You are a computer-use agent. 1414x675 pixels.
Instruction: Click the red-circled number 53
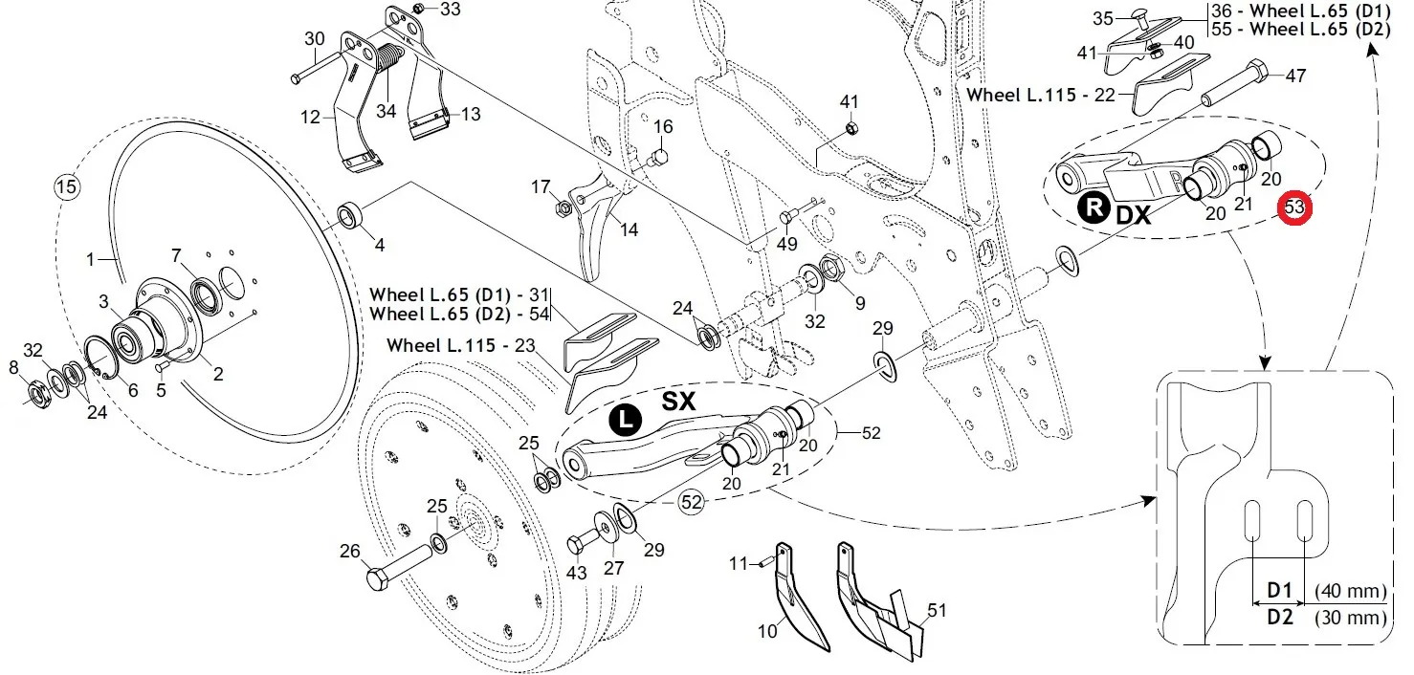click(1294, 207)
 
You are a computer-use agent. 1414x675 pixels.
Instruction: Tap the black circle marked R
click(1094, 207)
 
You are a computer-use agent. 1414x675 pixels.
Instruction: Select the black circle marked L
click(625, 420)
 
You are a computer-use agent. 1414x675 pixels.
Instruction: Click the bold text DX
click(1134, 215)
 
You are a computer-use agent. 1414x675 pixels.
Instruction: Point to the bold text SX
click(678, 402)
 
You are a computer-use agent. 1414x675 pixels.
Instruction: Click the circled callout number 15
click(66, 186)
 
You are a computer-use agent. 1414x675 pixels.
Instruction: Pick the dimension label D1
click(1279, 590)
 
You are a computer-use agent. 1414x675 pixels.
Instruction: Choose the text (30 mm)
click(1351, 618)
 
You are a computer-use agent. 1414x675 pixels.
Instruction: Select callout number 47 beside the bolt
click(1296, 76)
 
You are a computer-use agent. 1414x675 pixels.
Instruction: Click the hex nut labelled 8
click(39, 394)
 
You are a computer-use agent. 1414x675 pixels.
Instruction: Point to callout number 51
click(938, 610)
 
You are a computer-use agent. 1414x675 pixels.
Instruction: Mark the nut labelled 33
click(418, 8)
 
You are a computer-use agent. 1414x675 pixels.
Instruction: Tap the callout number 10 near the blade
click(767, 631)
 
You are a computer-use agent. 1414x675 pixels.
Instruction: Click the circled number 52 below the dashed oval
click(692, 502)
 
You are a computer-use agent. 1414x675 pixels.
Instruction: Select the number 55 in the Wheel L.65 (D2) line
click(1222, 29)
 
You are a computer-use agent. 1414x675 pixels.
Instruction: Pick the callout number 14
click(629, 229)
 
